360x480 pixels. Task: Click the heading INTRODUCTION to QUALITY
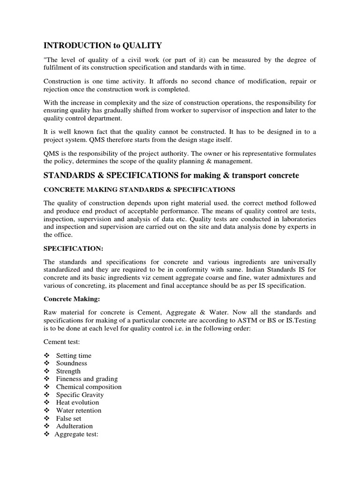pyautogui.click(x=103, y=45)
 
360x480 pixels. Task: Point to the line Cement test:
pyautogui.click(x=61, y=342)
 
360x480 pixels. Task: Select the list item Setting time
pyautogui.click(x=74, y=355)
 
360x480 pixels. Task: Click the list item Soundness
pyautogui.click(x=71, y=363)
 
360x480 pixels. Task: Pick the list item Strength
pyautogui.click(x=68, y=371)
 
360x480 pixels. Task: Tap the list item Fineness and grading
pyautogui.click(x=87, y=379)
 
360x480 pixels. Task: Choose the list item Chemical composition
pyautogui.click(x=89, y=387)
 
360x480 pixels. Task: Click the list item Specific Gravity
pyautogui.click(x=80, y=395)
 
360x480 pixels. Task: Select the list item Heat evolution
pyautogui.click(x=77, y=402)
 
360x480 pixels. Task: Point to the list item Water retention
pyautogui.click(x=79, y=410)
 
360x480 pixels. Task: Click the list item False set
pyautogui.click(x=68, y=418)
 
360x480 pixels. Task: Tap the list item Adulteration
pyautogui.click(x=74, y=426)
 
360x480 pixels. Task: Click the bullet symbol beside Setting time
pyautogui.click(x=46, y=355)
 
